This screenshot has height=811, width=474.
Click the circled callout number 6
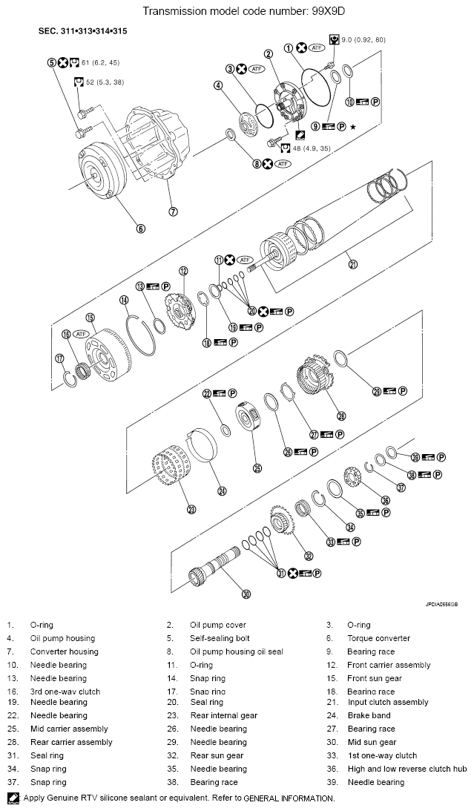point(140,228)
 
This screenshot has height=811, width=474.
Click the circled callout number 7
point(173,211)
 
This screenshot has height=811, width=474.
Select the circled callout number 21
point(352,263)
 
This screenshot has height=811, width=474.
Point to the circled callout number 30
point(246,593)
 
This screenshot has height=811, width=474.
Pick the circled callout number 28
point(341,416)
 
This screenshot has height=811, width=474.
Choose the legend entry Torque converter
point(378,638)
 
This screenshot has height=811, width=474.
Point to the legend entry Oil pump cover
point(217,625)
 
